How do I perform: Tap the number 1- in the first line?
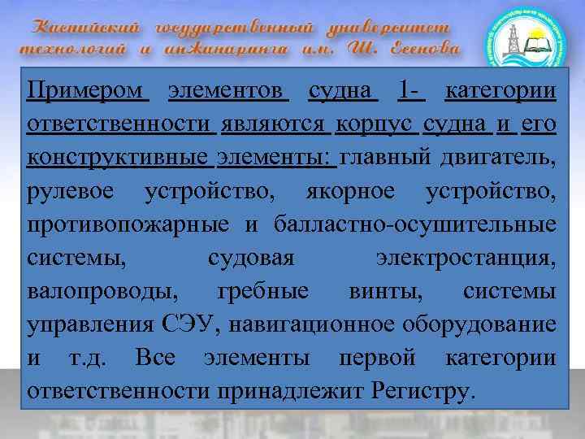(x=412, y=90)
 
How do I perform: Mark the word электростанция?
(x=466, y=259)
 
